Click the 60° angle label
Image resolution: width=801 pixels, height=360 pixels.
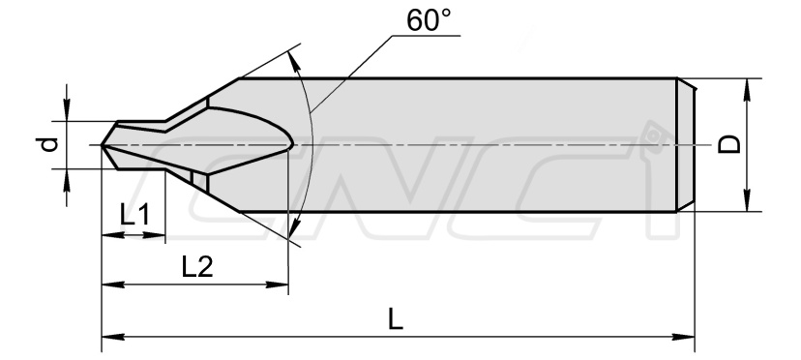429,19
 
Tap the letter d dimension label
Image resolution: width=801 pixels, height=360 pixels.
48,145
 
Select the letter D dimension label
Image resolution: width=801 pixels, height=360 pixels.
729,145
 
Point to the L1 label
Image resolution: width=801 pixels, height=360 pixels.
134,215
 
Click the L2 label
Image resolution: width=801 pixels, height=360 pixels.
197,266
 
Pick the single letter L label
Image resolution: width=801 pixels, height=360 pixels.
396,319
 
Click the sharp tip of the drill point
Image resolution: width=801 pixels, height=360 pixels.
102,145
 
